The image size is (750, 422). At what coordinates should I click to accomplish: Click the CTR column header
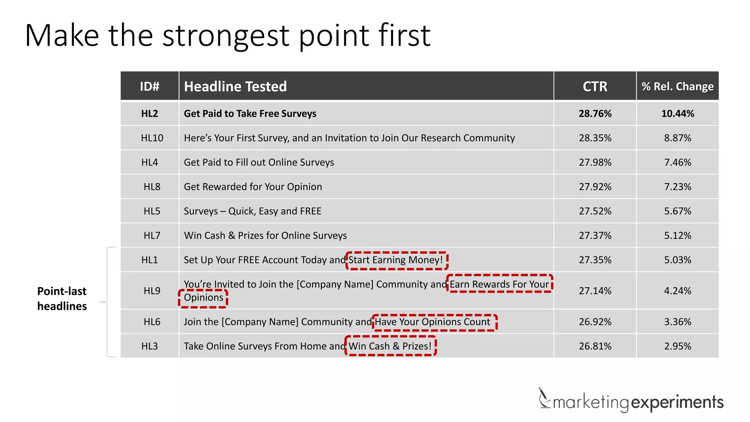point(595,86)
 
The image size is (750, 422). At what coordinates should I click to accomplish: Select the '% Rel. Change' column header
point(677,86)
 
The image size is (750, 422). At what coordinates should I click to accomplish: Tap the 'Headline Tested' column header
point(235,86)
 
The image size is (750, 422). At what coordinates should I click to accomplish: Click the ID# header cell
point(149,86)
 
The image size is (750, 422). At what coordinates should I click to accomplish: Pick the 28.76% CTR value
point(595,114)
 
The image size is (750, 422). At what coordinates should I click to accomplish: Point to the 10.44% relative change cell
point(677,114)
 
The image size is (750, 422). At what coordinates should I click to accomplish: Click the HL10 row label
point(152,138)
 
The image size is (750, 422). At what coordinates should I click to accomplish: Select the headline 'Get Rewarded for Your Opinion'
point(253,187)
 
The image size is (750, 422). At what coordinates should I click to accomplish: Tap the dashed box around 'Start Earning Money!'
point(397,260)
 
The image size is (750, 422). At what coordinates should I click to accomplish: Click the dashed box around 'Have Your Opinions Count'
point(434,322)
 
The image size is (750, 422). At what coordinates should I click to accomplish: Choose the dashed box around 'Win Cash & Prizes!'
point(390,346)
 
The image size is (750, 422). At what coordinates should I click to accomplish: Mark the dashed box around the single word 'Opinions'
point(203,298)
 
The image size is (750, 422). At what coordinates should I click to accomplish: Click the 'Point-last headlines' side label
point(62,299)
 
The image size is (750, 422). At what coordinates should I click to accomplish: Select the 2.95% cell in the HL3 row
point(677,346)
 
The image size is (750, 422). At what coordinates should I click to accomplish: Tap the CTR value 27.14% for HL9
point(595,291)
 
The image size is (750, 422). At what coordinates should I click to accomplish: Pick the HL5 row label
point(152,211)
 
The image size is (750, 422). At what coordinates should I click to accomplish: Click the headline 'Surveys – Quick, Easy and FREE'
point(252,211)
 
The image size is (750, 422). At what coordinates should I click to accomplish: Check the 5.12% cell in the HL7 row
point(677,236)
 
